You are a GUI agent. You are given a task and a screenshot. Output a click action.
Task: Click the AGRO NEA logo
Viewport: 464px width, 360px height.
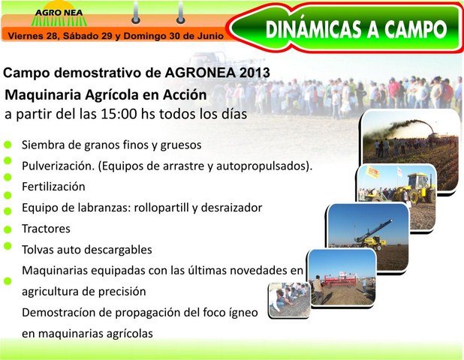click(x=59, y=14)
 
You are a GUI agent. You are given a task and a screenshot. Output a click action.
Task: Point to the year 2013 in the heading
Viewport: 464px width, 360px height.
click(x=255, y=73)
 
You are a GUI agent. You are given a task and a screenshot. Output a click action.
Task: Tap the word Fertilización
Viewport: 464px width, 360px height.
click(x=53, y=187)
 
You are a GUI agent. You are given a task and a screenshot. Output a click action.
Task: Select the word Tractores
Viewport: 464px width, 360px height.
click(x=46, y=229)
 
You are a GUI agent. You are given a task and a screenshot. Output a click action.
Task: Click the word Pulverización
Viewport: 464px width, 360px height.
click(x=59, y=166)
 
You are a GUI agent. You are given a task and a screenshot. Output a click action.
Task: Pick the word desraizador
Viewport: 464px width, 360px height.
click(x=231, y=208)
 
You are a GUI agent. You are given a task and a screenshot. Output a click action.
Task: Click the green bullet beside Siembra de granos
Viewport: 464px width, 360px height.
click(x=8, y=145)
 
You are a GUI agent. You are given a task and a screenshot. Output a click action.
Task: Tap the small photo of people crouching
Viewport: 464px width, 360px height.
click(x=289, y=300)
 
